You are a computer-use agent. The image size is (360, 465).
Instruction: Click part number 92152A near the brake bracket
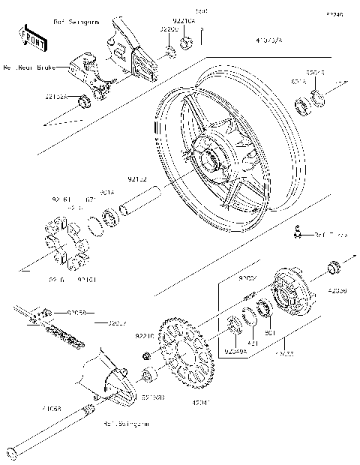tap(55, 97)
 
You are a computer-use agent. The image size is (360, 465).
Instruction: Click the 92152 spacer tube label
tap(137, 180)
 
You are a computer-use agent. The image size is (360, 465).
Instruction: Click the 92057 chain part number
tap(116, 323)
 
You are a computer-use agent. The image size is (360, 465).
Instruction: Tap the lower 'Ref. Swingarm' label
tap(126, 424)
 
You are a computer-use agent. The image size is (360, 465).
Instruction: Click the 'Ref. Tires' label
tap(331, 235)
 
